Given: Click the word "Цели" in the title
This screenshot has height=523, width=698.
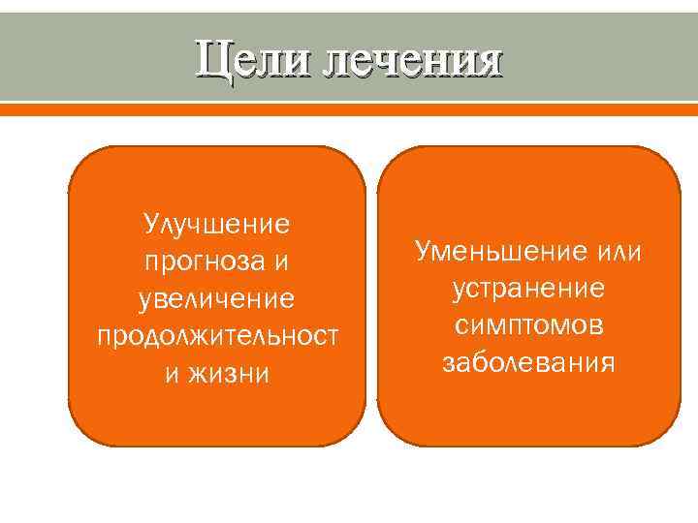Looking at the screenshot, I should tap(255, 60).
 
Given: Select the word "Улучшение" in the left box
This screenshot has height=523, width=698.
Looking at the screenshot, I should tap(217, 225).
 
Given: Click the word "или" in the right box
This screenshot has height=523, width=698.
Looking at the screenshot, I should tap(620, 252).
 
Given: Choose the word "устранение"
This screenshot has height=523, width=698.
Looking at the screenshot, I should tap(528, 289).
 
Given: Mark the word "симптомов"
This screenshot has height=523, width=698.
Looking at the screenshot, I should tap(528, 325).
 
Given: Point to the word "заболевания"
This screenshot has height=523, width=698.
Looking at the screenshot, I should tap(528, 362).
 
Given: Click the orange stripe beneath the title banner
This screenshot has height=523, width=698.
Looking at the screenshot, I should tap(349, 109).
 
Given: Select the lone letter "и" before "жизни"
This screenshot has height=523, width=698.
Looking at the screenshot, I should tap(172, 372).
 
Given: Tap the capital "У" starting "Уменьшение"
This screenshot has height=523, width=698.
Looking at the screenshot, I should tap(423, 252).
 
